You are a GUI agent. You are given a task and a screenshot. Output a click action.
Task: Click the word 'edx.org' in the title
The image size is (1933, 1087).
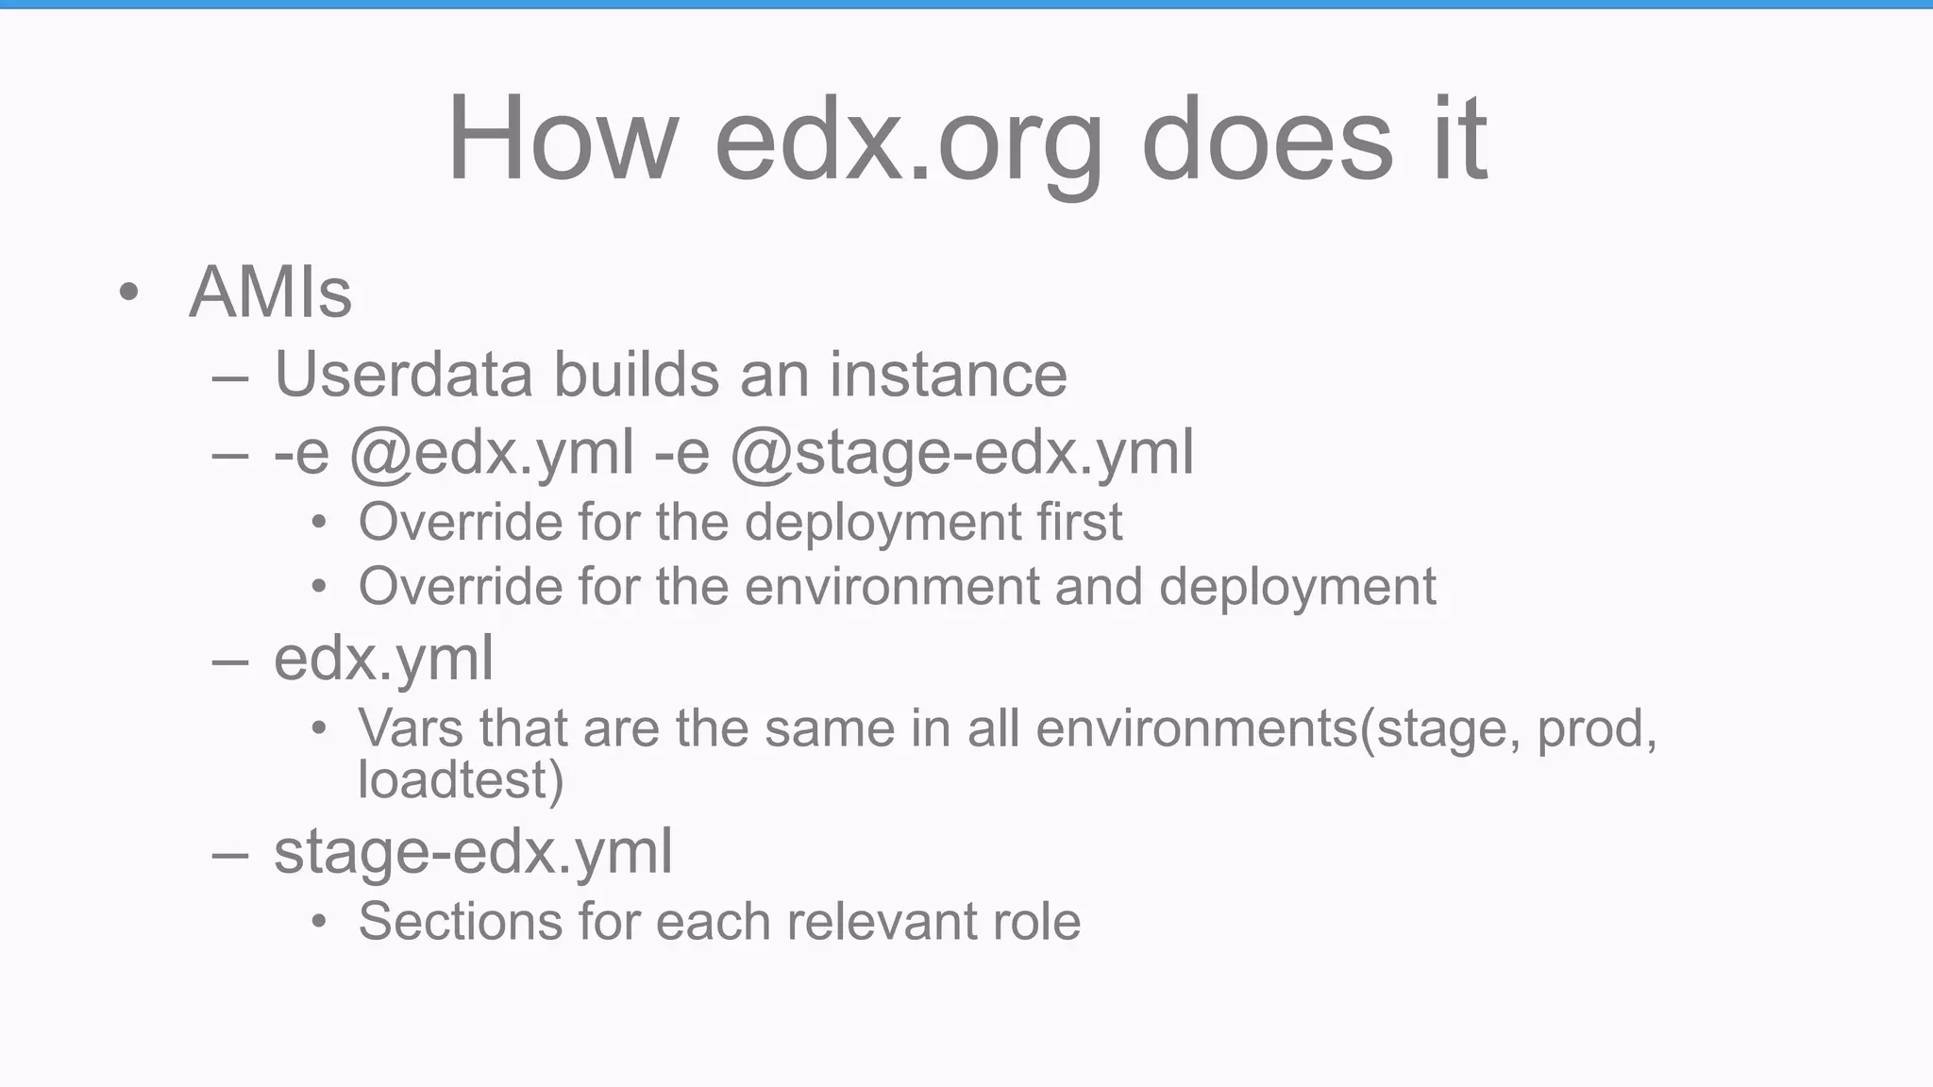pos(908,140)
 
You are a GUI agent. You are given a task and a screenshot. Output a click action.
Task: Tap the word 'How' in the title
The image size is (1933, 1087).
pos(563,140)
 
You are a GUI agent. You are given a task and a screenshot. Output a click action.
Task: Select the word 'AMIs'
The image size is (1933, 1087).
pos(271,293)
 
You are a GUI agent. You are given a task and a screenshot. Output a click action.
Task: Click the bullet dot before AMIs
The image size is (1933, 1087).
pos(129,293)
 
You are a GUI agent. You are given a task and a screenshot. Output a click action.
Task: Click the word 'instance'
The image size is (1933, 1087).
pos(948,375)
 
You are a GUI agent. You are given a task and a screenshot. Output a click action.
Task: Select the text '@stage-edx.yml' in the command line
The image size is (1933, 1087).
pos(962,453)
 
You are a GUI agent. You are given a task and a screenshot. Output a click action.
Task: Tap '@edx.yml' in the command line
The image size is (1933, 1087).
pos(492,453)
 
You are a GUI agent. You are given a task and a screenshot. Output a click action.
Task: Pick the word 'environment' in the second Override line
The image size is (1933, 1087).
pos(892,587)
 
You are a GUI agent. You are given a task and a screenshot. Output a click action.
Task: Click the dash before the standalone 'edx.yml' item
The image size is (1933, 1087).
pos(230,661)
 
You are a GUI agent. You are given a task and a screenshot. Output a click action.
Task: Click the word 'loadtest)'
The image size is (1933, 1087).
pos(461,779)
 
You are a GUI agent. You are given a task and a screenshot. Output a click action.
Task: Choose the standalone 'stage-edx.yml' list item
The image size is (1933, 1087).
pos(473,852)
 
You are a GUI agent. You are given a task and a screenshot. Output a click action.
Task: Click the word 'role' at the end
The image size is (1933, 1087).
pos(1036,921)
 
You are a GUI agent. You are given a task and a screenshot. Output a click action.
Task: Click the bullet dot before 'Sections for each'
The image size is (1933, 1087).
pos(319,922)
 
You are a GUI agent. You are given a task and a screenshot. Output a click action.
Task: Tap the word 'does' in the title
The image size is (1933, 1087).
pos(1267,140)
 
